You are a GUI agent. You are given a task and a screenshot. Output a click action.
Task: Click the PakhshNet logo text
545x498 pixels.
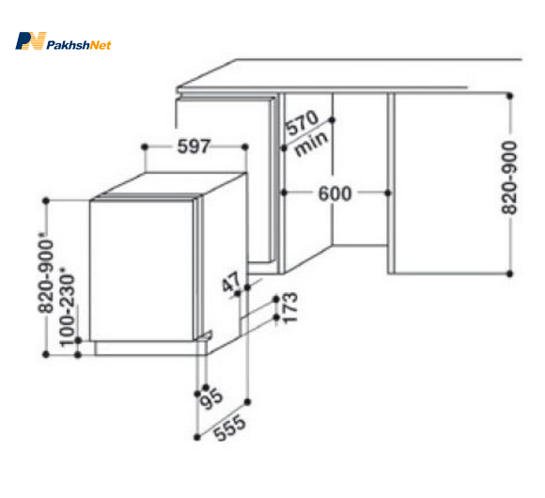79,45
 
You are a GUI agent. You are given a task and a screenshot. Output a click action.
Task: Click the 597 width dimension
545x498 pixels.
194,147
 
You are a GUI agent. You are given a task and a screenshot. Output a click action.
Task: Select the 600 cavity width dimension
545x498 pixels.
335,194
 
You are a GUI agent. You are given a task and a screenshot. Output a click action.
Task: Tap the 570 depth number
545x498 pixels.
301,122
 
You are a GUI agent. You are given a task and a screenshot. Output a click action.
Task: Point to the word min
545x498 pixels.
311,144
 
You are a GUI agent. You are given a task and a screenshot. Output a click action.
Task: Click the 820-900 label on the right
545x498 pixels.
509,178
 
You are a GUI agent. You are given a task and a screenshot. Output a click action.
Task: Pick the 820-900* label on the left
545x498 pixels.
46,272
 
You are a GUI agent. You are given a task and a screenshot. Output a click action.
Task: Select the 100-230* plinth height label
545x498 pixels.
67,306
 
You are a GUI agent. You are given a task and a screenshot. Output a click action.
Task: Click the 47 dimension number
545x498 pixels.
231,282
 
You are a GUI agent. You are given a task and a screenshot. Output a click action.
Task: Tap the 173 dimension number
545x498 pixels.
290,307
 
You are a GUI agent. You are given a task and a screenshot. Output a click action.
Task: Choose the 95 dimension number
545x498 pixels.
211,399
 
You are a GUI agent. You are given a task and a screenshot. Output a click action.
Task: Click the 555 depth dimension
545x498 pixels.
229,428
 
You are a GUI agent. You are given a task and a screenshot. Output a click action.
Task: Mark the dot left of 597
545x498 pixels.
145,147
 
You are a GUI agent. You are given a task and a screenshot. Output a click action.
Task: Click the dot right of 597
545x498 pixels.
244,147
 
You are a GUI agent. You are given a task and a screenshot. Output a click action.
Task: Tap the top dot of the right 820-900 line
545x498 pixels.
509,96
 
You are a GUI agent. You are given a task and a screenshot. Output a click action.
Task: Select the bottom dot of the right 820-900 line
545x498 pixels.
509,273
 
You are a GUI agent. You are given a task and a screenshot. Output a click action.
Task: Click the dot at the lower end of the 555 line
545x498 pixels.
196,437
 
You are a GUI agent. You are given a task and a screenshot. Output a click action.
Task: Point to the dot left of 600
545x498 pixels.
284,193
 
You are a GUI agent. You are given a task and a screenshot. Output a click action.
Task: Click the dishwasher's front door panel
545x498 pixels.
142,271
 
